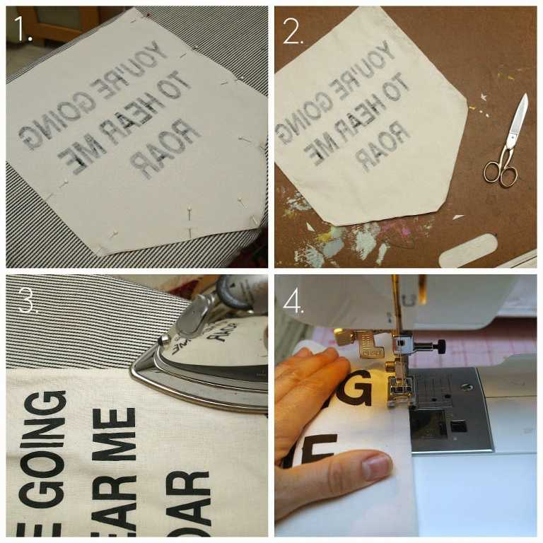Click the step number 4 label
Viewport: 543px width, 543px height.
pos(292,300)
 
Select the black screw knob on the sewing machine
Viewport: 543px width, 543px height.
pos(440,346)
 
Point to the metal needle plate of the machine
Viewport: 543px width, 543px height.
pos(452,410)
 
